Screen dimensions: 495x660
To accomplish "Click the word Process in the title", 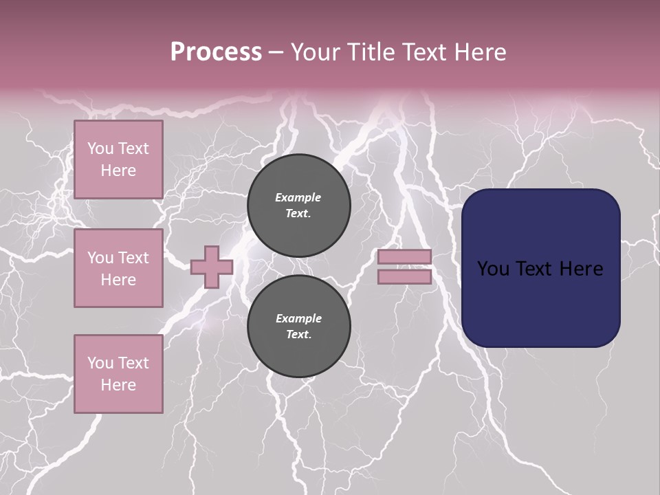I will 216,52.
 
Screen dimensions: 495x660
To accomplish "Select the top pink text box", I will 118,159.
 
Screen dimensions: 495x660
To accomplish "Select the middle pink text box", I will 118,268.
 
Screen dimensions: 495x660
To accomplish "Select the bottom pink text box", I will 118,374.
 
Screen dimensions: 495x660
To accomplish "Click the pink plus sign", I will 212,267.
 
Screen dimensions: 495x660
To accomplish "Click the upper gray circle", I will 299,206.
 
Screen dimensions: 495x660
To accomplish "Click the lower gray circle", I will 299,327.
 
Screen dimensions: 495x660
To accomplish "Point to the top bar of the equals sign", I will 404,257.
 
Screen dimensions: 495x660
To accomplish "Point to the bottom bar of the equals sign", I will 404,277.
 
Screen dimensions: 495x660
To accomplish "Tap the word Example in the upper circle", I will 298,197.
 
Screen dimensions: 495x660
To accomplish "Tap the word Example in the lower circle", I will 298,318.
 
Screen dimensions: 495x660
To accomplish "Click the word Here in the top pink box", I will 118,170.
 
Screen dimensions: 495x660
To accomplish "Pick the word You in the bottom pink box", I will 100,363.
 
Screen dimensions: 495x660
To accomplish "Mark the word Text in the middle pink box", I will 133,258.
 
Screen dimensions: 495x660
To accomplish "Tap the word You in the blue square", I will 493,269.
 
